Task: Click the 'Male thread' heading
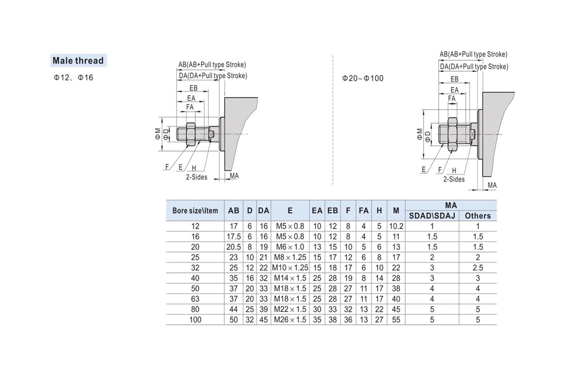[x=78, y=60]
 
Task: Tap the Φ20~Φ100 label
[x=363, y=78]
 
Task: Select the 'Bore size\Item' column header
[x=195, y=211]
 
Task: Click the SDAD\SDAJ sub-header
[x=432, y=216]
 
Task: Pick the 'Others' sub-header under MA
[x=478, y=216]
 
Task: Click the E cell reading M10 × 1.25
[x=290, y=268]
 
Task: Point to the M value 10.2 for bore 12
[x=396, y=226]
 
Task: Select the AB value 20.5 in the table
[x=233, y=247]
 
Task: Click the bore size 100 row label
[x=195, y=320]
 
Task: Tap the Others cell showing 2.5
[x=478, y=268]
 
